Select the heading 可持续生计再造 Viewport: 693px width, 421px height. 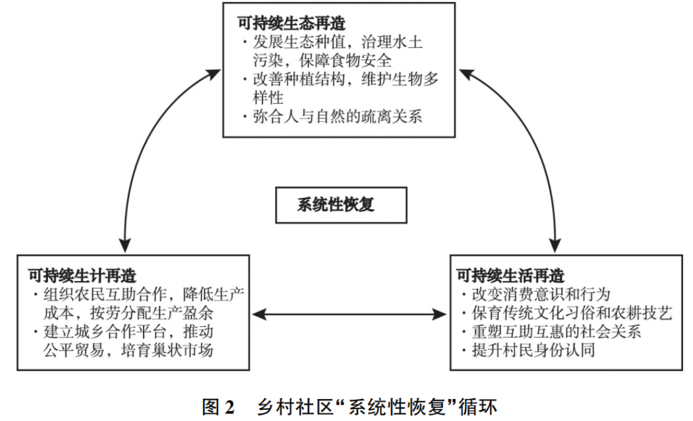pos(83,275)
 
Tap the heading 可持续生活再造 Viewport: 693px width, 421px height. pos(510,275)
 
